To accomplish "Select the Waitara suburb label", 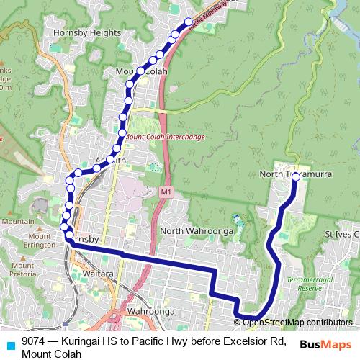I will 98,274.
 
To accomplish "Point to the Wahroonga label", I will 151,311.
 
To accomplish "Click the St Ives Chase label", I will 341,234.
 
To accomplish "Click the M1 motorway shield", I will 166,192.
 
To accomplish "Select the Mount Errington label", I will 40,240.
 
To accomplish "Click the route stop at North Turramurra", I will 295,176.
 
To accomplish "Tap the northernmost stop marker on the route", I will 189,22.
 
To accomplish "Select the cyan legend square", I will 10,345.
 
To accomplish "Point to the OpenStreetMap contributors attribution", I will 297,323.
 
